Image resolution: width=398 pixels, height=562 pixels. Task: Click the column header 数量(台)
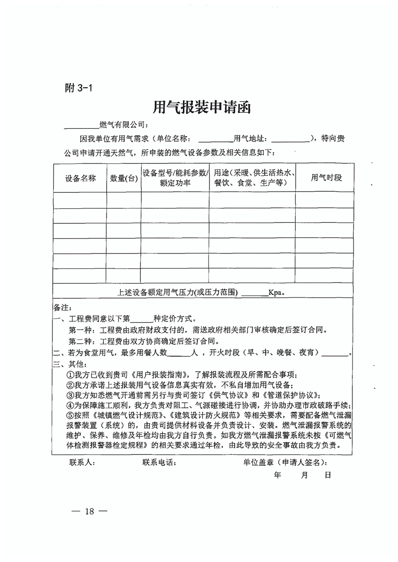click(x=124, y=178)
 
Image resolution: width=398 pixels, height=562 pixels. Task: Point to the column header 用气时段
click(x=326, y=178)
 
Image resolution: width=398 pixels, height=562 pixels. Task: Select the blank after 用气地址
click(x=291, y=139)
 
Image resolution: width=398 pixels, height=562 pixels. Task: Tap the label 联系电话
click(x=159, y=462)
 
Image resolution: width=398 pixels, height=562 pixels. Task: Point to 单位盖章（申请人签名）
click(x=286, y=462)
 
